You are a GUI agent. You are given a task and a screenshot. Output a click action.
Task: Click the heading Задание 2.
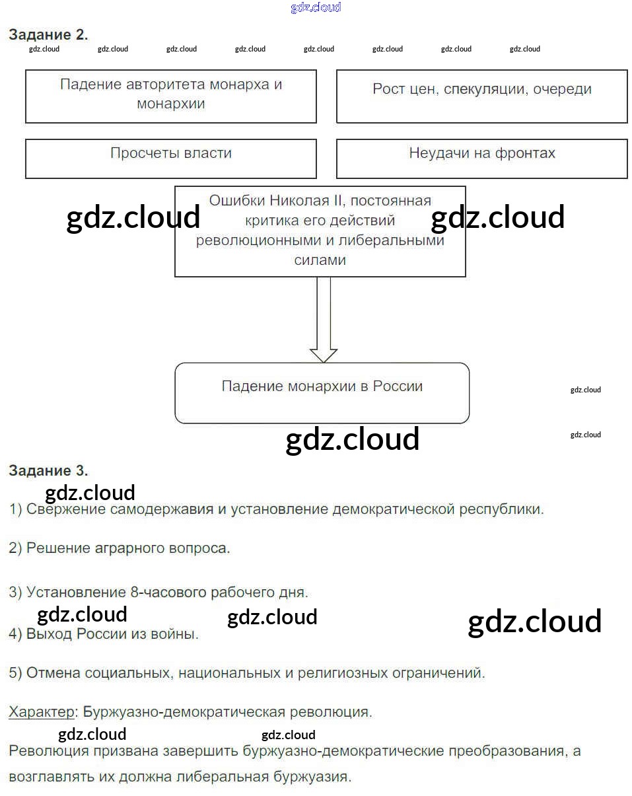48,35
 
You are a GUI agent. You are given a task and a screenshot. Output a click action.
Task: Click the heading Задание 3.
48,471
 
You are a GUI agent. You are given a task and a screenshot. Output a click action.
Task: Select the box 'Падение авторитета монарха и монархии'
171,96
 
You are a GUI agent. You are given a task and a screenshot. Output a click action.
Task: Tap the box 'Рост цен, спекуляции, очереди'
482,96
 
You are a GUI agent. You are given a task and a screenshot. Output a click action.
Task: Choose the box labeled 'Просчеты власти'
171,158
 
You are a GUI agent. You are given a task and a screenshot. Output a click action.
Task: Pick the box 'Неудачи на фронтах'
482,158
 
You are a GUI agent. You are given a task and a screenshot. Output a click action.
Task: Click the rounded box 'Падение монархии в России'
322,393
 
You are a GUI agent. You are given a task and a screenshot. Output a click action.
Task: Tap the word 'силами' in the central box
320,260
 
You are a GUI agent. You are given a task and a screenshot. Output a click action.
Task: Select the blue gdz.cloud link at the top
316,8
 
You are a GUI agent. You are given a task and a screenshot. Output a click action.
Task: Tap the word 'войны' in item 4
176,635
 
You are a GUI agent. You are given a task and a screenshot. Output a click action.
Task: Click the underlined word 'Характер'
42,712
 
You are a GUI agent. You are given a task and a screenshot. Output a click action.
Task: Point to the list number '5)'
16,673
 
